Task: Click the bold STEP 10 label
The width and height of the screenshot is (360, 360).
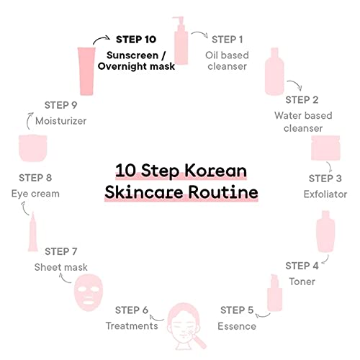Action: pyautogui.click(x=136, y=40)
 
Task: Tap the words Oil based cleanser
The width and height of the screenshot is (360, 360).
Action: pyautogui.click(x=227, y=60)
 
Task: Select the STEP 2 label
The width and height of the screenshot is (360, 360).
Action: pyautogui.click(x=302, y=100)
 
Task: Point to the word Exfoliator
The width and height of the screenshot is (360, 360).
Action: pyautogui.click(x=325, y=194)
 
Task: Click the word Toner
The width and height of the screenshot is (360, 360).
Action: pyautogui.click(x=302, y=282)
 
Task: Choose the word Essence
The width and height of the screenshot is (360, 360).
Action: pyautogui.click(x=237, y=326)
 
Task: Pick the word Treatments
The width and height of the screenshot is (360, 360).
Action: pyautogui.click(x=132, y=325)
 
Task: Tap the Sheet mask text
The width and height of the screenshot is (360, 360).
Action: pyautogui.click(x=61, y=267)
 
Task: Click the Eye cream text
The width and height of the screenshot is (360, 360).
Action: pyautogui.click(x=35, y=194)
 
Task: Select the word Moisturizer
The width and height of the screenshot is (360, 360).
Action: pyautogui.click(x=61, y=121)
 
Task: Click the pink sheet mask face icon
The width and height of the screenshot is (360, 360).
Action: pyautogui.click(x=89, y=293)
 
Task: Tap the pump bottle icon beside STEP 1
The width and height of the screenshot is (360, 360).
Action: pyautogui.click(x=181, y=40)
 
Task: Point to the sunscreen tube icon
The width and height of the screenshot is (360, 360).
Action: pyautogui.click(x=86, y=71)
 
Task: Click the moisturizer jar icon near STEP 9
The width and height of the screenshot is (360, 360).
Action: pyautogui.click(x=33, y=148)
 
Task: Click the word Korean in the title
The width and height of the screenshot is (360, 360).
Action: pyautogui.click(x=215, y=171)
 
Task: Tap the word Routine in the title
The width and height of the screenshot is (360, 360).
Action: pyautogui.click(x=223, y=192)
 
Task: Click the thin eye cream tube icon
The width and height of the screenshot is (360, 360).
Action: pyautogui.click(x=33, y=232)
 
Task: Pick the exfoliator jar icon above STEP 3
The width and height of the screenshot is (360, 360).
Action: pyautogui.click(x=325, y=148)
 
